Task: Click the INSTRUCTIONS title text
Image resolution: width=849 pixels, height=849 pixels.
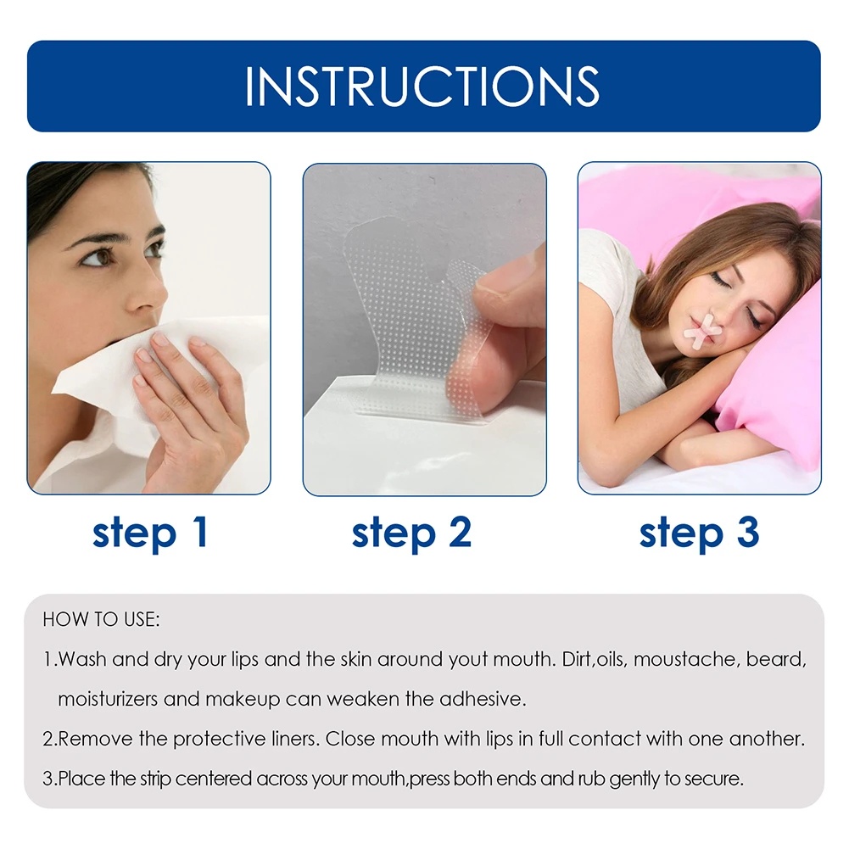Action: pos(422,86)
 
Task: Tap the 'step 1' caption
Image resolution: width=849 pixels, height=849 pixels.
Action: pos(150,533)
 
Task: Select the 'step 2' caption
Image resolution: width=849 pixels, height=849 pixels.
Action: pos(411,533)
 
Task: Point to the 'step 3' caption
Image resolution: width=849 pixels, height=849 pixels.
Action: pos(699,533)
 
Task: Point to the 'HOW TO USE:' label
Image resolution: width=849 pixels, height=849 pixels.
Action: pos(101,620)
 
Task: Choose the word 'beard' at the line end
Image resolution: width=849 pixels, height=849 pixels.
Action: pos(777,660)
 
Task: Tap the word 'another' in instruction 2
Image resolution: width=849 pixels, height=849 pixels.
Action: pos(769,740)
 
